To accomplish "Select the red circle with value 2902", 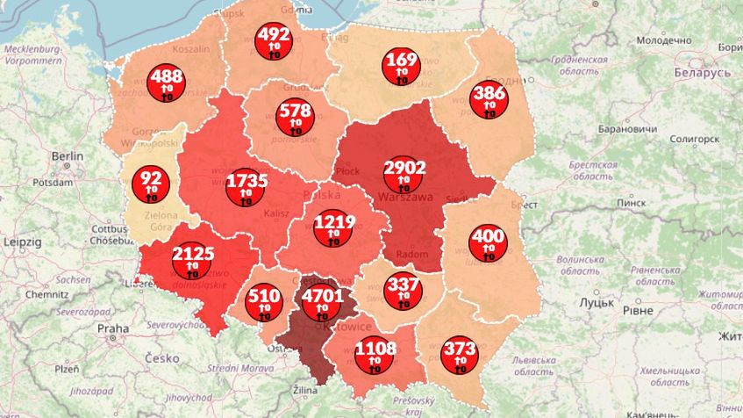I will click(x=405, y=174).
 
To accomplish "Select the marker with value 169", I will click(x=401, y=68).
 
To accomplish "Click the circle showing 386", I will click(x=489, y=98).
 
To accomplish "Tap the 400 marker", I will click(x=487, y=242).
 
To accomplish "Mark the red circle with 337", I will click(x=404, y=290).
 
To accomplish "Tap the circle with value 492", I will click(x=274, y=41).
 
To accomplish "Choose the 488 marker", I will click(x=167, y=83).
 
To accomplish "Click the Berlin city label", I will click(x=67, y=155).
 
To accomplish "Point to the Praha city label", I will click(x=113, y=328).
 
